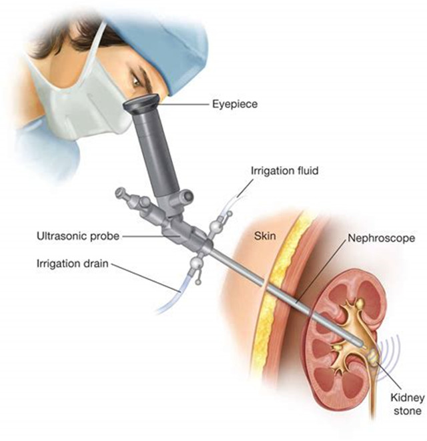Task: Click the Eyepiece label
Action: (x=235, y=104)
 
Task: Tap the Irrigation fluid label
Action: (x=284, y=171)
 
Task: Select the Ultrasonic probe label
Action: (x=78, y=236)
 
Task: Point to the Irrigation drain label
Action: (x=72, y=264)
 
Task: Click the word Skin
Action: (x=265, y=236)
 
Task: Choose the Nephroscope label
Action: (x=382, y=238)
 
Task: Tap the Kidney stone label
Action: (x=407, y=404)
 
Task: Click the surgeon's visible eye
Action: (x=137, y=81)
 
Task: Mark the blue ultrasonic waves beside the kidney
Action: (x=389, y=356)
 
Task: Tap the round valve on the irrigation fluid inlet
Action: (x=216, y=226)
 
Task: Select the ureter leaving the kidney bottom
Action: (x=372, y=394)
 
